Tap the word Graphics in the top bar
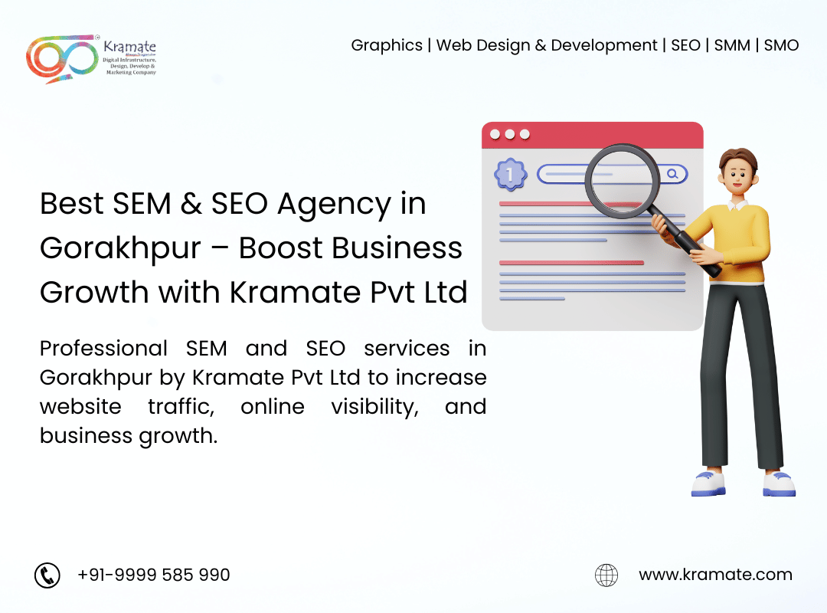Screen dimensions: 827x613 click(x=387, y=46)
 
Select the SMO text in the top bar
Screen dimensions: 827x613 click(x=781, y=45)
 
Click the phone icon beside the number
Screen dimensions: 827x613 click(x=47, y=575)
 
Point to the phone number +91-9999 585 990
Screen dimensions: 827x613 click(x=153, y=575)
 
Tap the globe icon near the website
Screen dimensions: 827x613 click(x=606, y=575)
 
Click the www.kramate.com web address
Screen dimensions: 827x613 click(x=716, y=575)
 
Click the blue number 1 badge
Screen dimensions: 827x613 click(x=510, y=174)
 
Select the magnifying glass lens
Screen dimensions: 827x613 click(x=623, y=181)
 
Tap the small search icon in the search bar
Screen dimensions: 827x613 click(x=672, y=174)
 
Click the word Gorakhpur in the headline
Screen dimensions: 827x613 click(x=120, y=249)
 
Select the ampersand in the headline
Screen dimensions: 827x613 click(x=191, y=204)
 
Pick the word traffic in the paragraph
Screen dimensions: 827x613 click(x=181, y=407)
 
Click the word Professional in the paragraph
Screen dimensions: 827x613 click(x=104, y=349)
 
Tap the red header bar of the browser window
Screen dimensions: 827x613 click(x=592, y=135)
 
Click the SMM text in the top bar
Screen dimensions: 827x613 click(x=732, y=45)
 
